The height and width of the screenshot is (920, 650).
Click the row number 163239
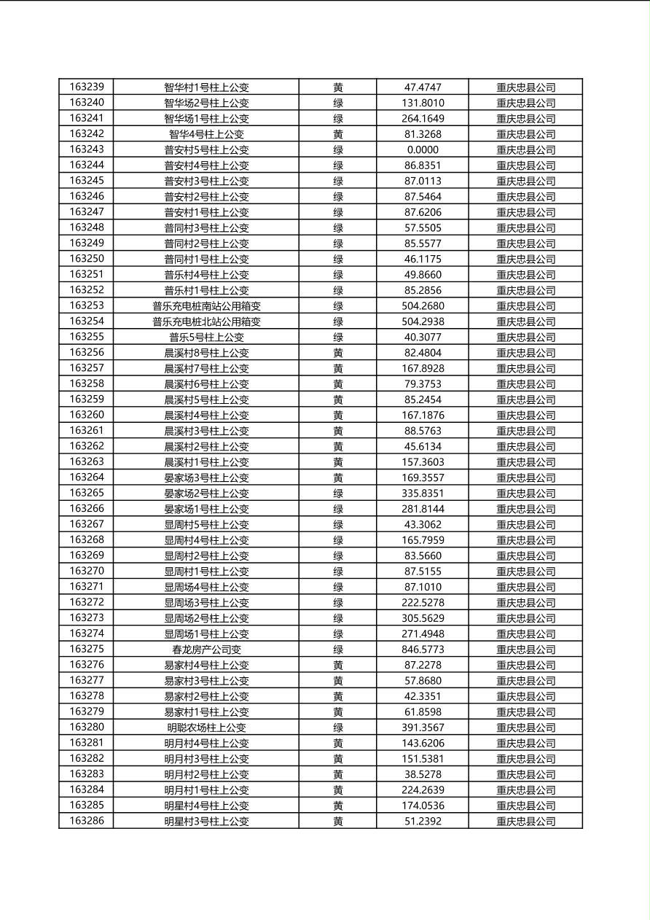tap(87, 87)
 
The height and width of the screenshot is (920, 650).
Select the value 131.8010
tap(423, 103)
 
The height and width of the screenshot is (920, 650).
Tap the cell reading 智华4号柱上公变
tap(206, 134)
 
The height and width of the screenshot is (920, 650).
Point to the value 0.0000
tap(423, 149)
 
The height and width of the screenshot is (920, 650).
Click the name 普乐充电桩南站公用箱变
tap(206, 306)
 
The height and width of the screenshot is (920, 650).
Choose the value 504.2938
tap(423, 321)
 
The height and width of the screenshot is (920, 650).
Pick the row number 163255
tap(87, 337)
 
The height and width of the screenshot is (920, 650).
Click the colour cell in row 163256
tap(338, 353)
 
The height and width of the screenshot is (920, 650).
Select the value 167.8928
tap(423, 368)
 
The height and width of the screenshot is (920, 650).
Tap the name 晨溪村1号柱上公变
tap(206, 462)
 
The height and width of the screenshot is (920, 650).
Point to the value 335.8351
tap(423, 494)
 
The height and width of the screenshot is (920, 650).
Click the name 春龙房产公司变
tap(206, 650)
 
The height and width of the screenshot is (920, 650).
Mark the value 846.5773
tap(423, 650)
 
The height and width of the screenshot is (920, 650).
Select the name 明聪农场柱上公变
tap(206, 728)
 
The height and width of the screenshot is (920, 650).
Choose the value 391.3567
tap(423, 728)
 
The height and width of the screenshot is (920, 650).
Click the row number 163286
tap(87, 821)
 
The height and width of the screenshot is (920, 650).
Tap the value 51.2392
tap(423, 821)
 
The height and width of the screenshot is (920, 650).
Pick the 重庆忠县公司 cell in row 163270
tap(525, 572)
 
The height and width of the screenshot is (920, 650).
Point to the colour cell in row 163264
tap(338, 477)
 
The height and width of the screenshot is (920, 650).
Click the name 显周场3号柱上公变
tap(206, 603)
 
